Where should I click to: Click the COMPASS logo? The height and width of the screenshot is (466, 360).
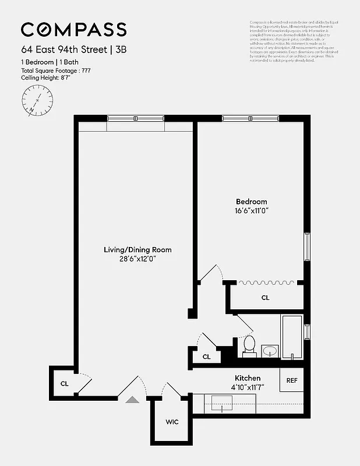[x=73, y=29]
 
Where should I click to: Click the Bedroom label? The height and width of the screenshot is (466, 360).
[x=252, y=202]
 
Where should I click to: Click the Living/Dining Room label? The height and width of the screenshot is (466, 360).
[x=137, y=250]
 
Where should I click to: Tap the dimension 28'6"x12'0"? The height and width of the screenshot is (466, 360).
[x=137, y=259]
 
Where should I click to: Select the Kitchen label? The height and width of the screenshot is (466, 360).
[x=248, y=378]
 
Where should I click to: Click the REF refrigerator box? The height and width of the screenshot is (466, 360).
[x=291, y=380]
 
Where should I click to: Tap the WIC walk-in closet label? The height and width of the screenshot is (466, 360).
[x=171, y=421]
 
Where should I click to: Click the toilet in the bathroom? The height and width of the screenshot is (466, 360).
[x=249, y=345]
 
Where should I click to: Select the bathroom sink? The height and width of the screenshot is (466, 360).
[x=270, y=351]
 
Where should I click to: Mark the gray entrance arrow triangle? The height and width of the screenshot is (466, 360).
[x=133, y=399]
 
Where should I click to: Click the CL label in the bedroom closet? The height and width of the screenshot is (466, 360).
[x=265, y=298]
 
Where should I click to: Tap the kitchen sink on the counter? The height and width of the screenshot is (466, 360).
[x=221, y=403]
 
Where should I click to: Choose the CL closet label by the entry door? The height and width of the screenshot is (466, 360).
[x=64, y=383]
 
